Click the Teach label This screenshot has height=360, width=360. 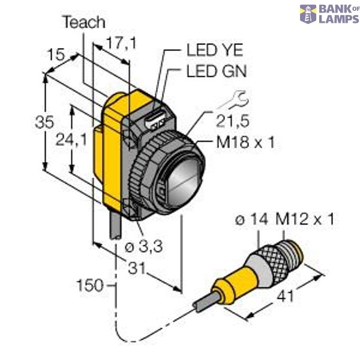tap(83, 23)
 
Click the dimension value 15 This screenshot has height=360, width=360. tap(57, 55)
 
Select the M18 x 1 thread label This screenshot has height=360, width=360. tap(238, 143)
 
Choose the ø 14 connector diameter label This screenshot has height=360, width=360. tap(251, 221)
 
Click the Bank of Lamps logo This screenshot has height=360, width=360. tap(329, 14)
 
